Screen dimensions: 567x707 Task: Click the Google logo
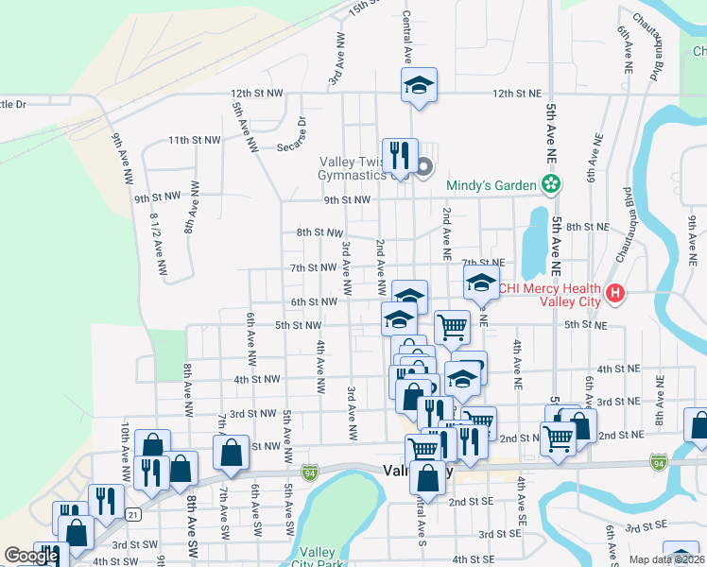[x=31, y=557]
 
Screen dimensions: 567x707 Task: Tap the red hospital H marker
[x=615, y=295]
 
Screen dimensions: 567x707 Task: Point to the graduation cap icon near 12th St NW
[x=419, y=85]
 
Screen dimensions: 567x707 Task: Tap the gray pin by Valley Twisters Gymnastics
[x=423, y=168]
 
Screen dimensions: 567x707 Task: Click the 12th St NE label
[x=515, y=94]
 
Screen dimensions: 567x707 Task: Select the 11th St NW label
[x=194, y=140]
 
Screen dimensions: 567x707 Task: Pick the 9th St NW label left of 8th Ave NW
[x=156, y=198]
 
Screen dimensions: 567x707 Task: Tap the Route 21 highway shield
[x=134, y=514]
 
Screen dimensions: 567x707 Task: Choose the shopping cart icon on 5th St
[x=452, y=327]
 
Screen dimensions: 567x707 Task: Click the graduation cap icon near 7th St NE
[x=480, y=282]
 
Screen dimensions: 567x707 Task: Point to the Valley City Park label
[x=317, y=558]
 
